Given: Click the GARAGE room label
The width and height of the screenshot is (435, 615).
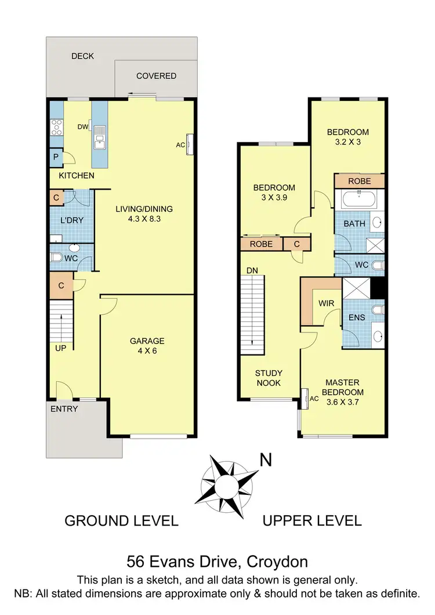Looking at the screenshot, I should point(147,341).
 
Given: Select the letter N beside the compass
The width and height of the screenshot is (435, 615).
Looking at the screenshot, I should point(266,460).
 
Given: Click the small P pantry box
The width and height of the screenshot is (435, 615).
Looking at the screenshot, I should point(56,157).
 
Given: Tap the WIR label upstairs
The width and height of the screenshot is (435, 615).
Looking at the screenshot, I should point(325,303).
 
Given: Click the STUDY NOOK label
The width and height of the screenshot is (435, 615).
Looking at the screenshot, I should point(269,378).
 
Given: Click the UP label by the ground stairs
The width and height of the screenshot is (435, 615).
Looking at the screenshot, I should point(61,348).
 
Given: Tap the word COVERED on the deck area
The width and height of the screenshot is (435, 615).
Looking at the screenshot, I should point(156,76).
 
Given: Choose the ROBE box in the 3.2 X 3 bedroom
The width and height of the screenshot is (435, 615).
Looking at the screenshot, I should point(360,181).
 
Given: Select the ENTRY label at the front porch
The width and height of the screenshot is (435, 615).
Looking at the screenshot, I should point(64,408).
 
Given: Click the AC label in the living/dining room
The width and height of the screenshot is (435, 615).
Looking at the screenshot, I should point(180,146).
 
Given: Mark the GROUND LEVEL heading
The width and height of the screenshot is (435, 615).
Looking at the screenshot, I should point(121,520).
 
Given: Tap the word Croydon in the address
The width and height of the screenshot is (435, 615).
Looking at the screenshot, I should point(277,562).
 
